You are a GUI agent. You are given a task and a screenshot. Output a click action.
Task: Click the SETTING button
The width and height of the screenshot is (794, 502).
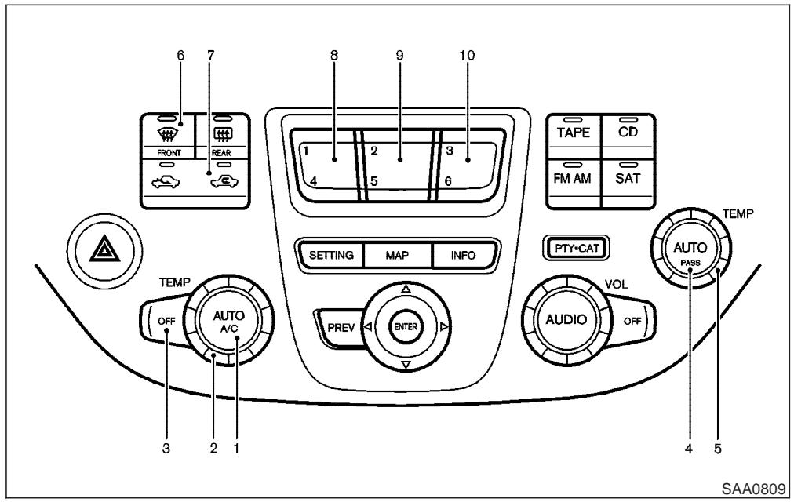coord(330,255)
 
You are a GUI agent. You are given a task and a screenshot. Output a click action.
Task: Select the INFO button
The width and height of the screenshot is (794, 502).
coord(453,255)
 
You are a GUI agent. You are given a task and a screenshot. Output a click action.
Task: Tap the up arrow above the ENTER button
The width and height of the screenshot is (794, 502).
coord(406,289)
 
